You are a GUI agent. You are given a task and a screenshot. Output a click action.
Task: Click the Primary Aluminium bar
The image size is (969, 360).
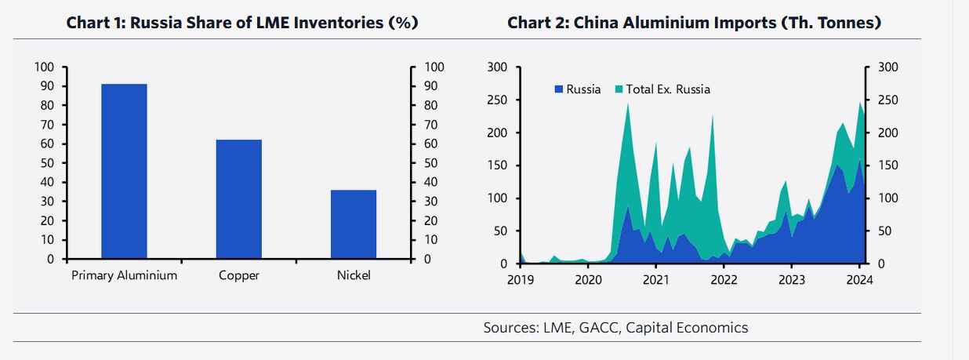point(124,171)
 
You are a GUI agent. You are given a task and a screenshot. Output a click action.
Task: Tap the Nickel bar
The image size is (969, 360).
point(354,224)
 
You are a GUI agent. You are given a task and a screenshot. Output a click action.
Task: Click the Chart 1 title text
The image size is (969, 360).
point(241,23)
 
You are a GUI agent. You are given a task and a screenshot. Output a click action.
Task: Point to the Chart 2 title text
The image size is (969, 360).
point(695,23)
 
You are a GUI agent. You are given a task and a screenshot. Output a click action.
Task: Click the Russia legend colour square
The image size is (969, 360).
point(559,89)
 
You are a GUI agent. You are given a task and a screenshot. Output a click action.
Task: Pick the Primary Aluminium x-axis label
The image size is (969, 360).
point(124,275)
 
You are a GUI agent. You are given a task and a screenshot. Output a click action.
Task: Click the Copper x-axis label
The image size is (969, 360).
point(239,275)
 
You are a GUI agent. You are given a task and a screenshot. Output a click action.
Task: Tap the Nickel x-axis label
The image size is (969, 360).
point(354,275)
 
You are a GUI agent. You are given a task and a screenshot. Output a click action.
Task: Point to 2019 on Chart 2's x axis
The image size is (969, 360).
point(521,280)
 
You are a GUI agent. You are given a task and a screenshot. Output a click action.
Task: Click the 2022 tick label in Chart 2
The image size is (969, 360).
point(724,280)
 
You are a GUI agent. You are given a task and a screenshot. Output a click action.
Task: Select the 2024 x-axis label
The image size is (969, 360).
point(859,280)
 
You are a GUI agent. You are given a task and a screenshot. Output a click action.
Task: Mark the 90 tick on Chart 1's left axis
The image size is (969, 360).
point(48,86)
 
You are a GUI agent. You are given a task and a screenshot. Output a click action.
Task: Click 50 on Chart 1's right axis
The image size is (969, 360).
point(430,163)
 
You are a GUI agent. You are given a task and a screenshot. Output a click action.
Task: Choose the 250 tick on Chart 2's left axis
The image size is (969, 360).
point(497,100)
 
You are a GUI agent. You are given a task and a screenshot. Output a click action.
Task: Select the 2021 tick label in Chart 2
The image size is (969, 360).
point(655,280)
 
